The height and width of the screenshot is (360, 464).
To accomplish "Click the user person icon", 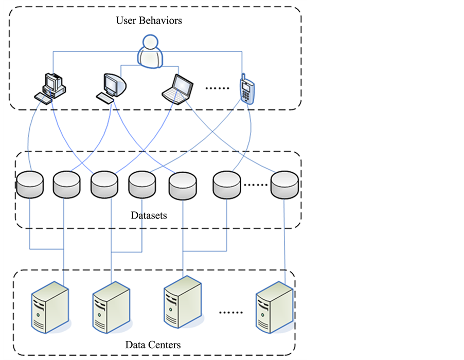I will pos(150,51).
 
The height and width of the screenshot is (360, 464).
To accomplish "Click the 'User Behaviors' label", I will pos(149,21).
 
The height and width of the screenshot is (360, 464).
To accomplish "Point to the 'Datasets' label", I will pos(149,215).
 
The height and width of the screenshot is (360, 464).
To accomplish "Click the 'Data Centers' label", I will pos(153,345).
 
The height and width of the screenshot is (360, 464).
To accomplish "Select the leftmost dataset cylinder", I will pos(29,184).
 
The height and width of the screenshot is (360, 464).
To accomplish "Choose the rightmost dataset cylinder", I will pos(285,184).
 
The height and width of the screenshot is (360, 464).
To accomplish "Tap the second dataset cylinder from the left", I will pos(66,184).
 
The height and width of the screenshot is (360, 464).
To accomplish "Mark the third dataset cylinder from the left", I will pos(104,184).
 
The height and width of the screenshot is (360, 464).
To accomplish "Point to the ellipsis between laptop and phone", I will pos(217,88).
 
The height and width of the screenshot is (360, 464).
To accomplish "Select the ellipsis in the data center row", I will pos(230,312).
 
